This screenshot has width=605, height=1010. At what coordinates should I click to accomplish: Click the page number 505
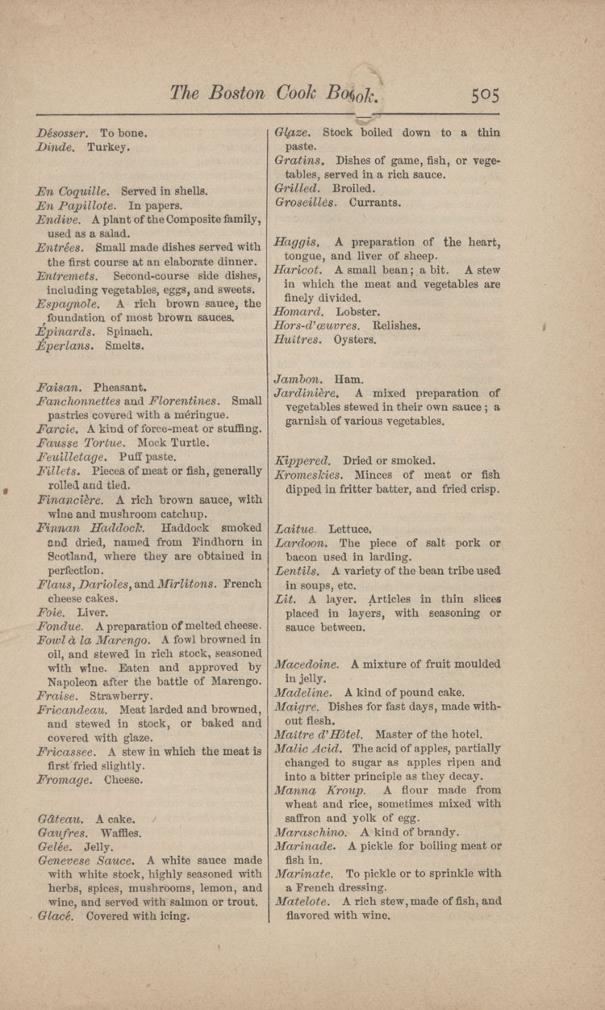[x=486, y=95]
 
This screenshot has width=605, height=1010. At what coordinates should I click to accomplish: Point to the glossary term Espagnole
[x=69, y=304]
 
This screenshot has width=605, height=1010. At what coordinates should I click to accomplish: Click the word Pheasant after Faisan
[x=119, y=387]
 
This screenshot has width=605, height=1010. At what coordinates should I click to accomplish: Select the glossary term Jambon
[x=296, y=379]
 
